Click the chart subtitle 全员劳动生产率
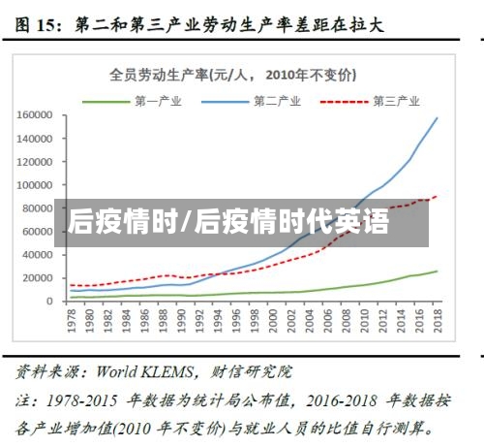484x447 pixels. [232, 75]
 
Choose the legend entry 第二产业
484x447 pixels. [277, 100]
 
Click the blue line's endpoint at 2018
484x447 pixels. [437, 118]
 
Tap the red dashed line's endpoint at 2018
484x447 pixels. [437, 196]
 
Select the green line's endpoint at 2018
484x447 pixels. [437, 271]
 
